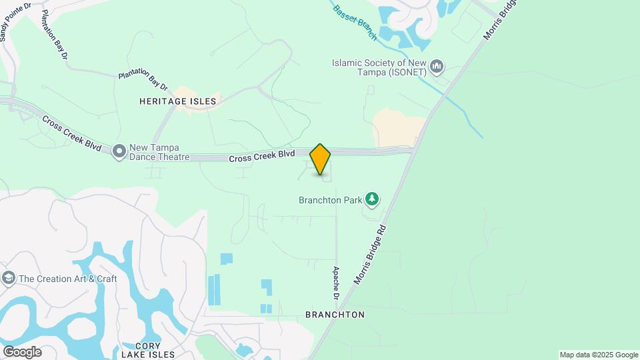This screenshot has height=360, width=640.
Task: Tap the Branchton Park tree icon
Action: [372, 199]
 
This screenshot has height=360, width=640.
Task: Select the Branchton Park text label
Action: [330, 199]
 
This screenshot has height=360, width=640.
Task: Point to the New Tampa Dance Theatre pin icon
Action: [119, 151]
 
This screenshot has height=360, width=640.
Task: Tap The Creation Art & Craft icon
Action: [9, 278]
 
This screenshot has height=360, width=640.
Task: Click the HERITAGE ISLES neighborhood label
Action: [178, 101]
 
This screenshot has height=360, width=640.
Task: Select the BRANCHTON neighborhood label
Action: [335, 314]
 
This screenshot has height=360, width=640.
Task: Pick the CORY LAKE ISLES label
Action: [148, 351]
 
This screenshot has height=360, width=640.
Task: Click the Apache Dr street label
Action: [336, 283]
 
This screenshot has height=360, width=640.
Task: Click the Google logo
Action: [22, 351]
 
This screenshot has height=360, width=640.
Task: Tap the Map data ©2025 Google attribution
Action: [599, 355]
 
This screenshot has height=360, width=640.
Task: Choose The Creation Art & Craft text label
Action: [68, 279]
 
